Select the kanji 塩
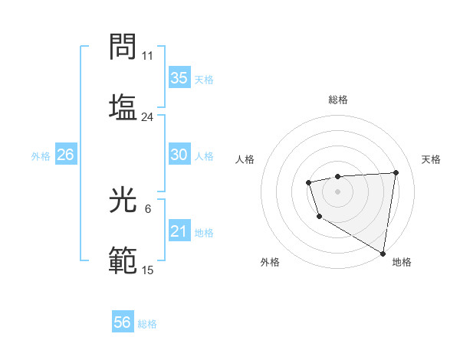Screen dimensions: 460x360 123,106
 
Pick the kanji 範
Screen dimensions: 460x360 123,261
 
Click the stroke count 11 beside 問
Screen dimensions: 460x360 148,56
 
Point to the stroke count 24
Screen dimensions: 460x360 148,117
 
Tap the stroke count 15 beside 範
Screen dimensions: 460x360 148,271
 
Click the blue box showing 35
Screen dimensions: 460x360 179,78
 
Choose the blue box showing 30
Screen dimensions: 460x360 179,155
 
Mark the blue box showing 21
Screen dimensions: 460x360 179,231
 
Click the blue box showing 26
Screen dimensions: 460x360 65,155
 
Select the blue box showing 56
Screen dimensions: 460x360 123,322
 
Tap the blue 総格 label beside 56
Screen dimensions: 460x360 147,324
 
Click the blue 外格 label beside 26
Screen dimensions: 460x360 41,156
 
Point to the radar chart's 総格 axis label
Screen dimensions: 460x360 337,100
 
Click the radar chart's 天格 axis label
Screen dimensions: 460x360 431,159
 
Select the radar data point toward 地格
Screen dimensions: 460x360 383,254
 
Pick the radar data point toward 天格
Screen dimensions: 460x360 396,172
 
